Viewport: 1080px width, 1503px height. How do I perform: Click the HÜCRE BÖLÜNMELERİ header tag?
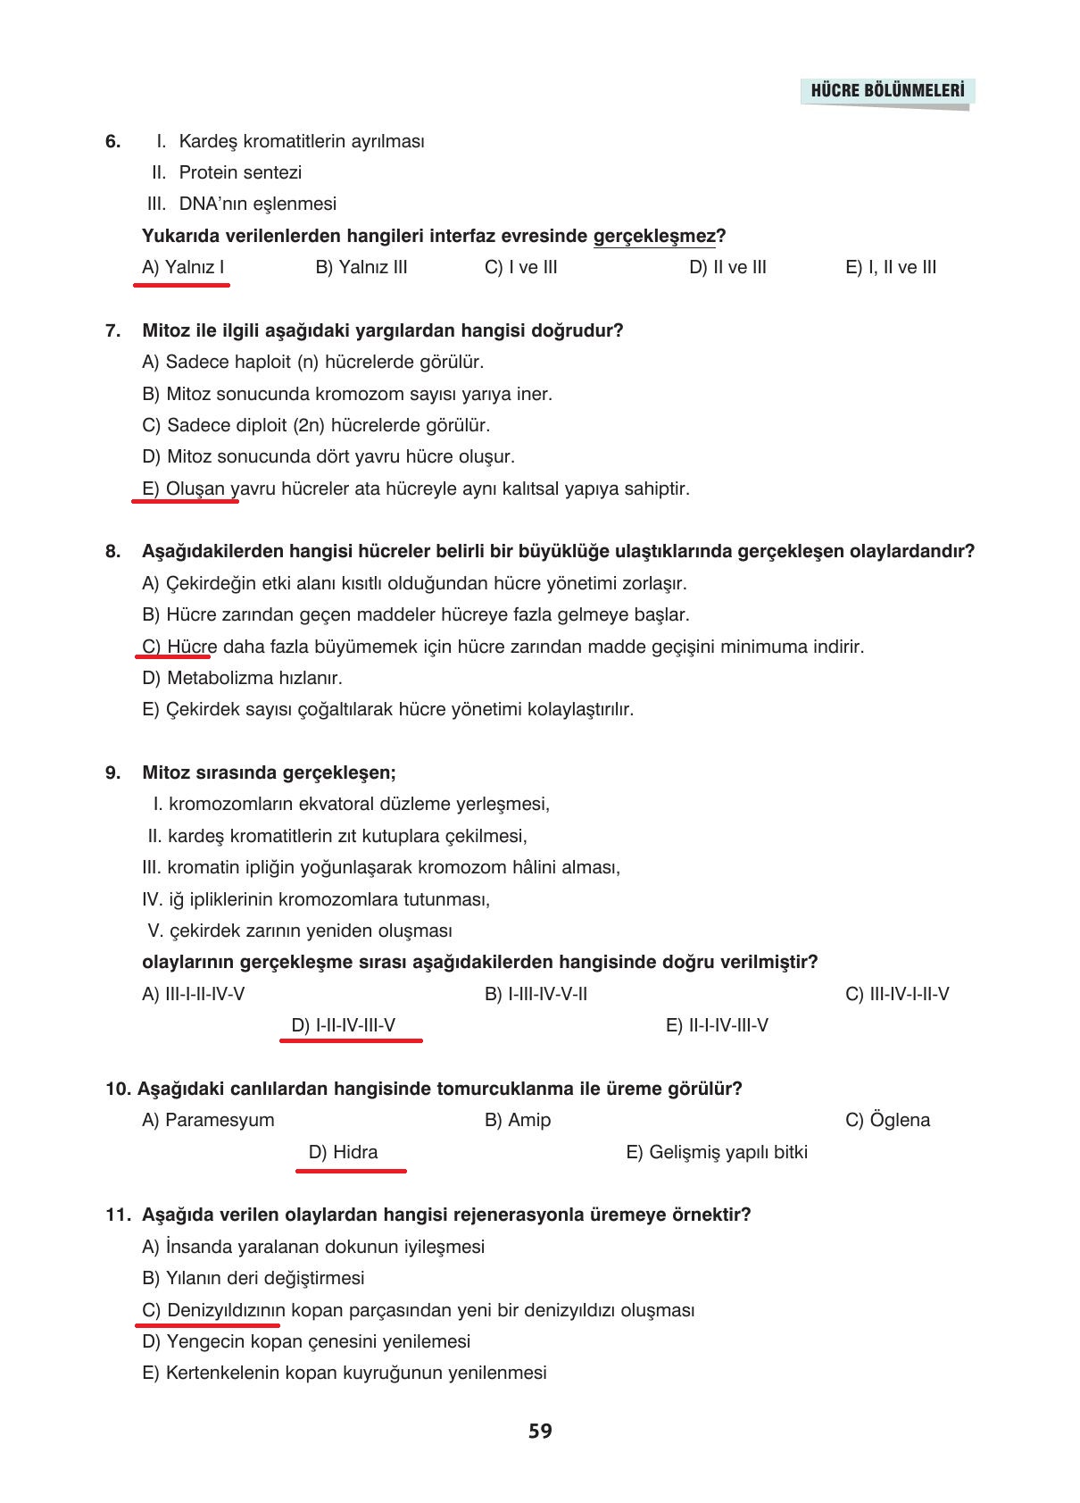point(887,91)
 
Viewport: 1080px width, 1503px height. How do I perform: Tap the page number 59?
point(540,1431)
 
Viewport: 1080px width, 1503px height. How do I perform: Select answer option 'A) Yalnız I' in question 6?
point(183,267)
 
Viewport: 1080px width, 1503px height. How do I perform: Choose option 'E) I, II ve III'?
point(891,267)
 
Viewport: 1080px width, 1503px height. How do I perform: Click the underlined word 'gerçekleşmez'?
point(654,236)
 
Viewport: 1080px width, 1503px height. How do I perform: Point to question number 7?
point(112,330)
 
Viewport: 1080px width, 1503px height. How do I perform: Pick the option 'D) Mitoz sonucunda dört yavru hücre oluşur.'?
point(328,456)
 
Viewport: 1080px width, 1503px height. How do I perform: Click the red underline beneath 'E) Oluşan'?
point(185,501)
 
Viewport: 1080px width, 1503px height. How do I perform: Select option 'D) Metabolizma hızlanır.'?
point(242,678)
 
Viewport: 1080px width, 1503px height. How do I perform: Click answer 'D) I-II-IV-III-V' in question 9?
point(344,1025)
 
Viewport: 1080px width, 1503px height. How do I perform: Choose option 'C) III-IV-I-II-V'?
point(897,994)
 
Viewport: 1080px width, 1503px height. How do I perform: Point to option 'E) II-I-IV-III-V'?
point(717,1025)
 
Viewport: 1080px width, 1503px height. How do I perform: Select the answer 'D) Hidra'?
point(344,1152)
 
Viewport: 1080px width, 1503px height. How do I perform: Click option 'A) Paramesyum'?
point(208,1120)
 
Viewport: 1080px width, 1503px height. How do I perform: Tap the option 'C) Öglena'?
point(887,1120)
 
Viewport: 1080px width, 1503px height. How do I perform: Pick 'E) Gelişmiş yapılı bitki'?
point(717,1152)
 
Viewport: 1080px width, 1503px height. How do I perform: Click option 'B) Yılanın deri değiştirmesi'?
point(253,1278)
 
